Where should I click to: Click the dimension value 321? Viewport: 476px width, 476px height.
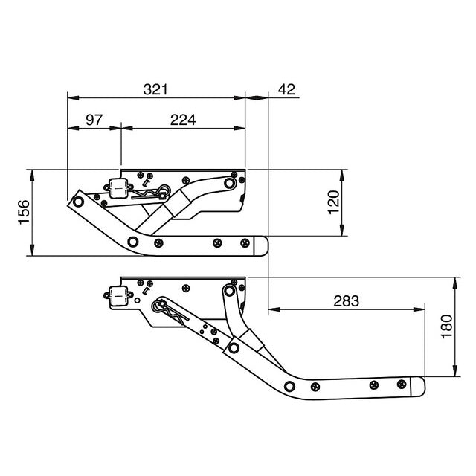click(155, 89)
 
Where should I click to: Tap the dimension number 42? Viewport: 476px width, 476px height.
click(286, 89)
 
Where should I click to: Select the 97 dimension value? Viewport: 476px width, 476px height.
click(94, 119)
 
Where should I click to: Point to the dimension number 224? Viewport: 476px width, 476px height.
click(183, 119)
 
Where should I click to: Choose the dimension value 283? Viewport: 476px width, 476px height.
click(346, 300)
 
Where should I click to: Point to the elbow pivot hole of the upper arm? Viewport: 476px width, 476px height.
click(132, 241)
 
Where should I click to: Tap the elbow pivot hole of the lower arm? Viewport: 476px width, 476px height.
click(288, 386)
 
